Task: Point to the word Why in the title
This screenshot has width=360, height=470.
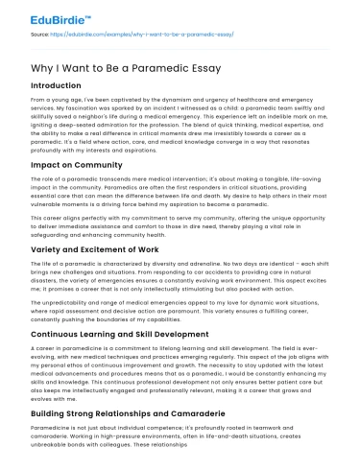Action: coord(42,67)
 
